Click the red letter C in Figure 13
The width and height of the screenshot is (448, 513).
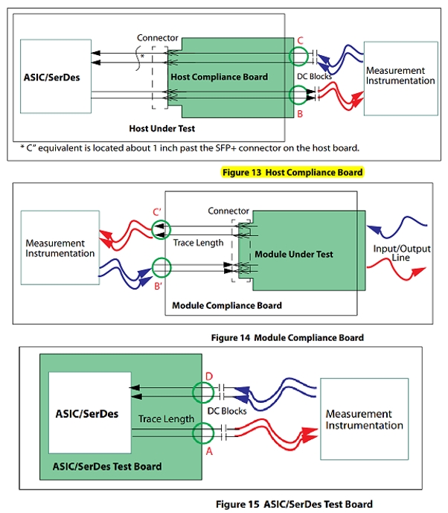300,41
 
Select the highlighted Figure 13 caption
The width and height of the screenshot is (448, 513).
292,172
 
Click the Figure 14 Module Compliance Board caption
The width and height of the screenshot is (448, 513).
287,338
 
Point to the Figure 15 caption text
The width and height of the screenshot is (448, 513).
294,504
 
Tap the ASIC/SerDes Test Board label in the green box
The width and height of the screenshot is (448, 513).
107,467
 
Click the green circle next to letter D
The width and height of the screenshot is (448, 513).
202,392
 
